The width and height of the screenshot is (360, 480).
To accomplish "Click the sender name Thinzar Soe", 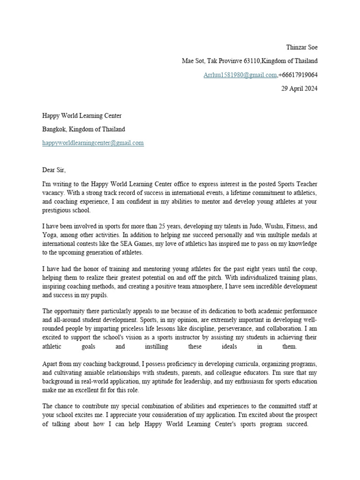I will (x=301, y=47).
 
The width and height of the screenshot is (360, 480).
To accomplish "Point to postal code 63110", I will (x=250, y=61).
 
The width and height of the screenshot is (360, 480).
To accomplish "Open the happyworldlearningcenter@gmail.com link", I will (x=93, y=143).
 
